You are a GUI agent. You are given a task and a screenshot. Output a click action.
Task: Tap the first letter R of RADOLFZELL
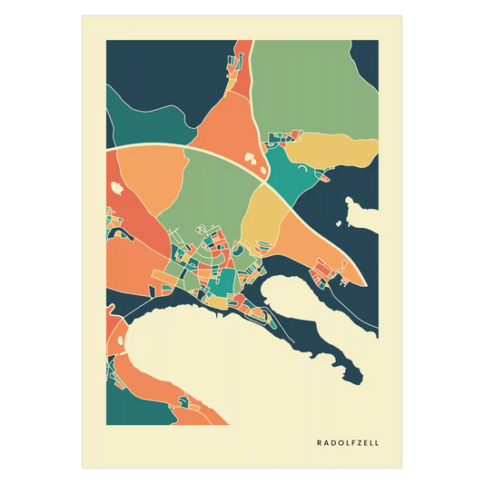pyautogui.click(x=319, y=443)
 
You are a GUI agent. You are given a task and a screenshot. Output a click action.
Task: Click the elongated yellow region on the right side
pyautogui.click(x=336, y=148)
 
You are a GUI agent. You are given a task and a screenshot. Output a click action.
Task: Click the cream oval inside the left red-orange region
pyautogui.click(x=117, y=188)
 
